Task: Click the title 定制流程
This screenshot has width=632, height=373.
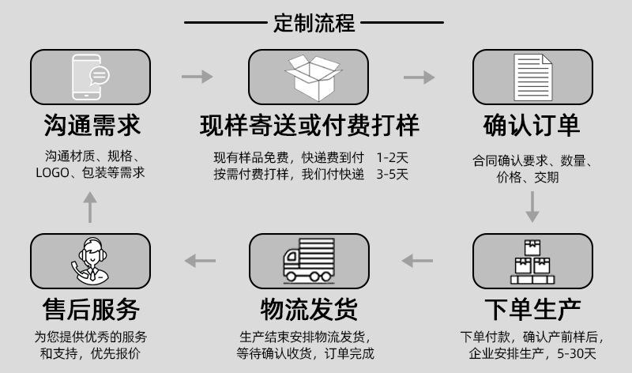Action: tap(314, 23)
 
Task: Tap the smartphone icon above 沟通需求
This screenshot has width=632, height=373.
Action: tap(90, 77)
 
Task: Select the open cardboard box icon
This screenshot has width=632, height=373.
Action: tap(313, 77)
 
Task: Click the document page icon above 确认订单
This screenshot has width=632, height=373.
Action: tap(532, 77)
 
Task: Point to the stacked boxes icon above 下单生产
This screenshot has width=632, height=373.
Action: tap(532, 262)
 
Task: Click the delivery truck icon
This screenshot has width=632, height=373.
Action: tap(309, 260)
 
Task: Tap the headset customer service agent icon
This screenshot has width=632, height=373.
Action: tap(90, 260)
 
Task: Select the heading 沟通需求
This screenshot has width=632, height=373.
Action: tap(92, 125)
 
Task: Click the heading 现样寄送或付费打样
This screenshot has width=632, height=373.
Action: tap(310, 125)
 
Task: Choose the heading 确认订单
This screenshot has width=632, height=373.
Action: tap(532, 125)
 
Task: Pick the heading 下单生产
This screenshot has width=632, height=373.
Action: tap(532, 309)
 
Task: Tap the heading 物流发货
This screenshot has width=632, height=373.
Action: tap(309, 309)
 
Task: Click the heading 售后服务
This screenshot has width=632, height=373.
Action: tap(91, 309)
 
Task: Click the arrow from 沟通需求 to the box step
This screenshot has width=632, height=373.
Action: tap(197, 76)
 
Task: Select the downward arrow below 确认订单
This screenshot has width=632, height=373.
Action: tap(532, 207)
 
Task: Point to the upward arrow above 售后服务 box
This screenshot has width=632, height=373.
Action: tap(90, 207)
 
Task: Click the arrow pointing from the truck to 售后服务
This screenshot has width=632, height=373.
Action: tap(200, 261)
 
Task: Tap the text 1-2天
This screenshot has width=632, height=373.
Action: tap(392, 157)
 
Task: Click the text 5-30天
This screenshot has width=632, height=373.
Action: tap(577, 354)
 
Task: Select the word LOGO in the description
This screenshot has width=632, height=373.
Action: tap(52, 173)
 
